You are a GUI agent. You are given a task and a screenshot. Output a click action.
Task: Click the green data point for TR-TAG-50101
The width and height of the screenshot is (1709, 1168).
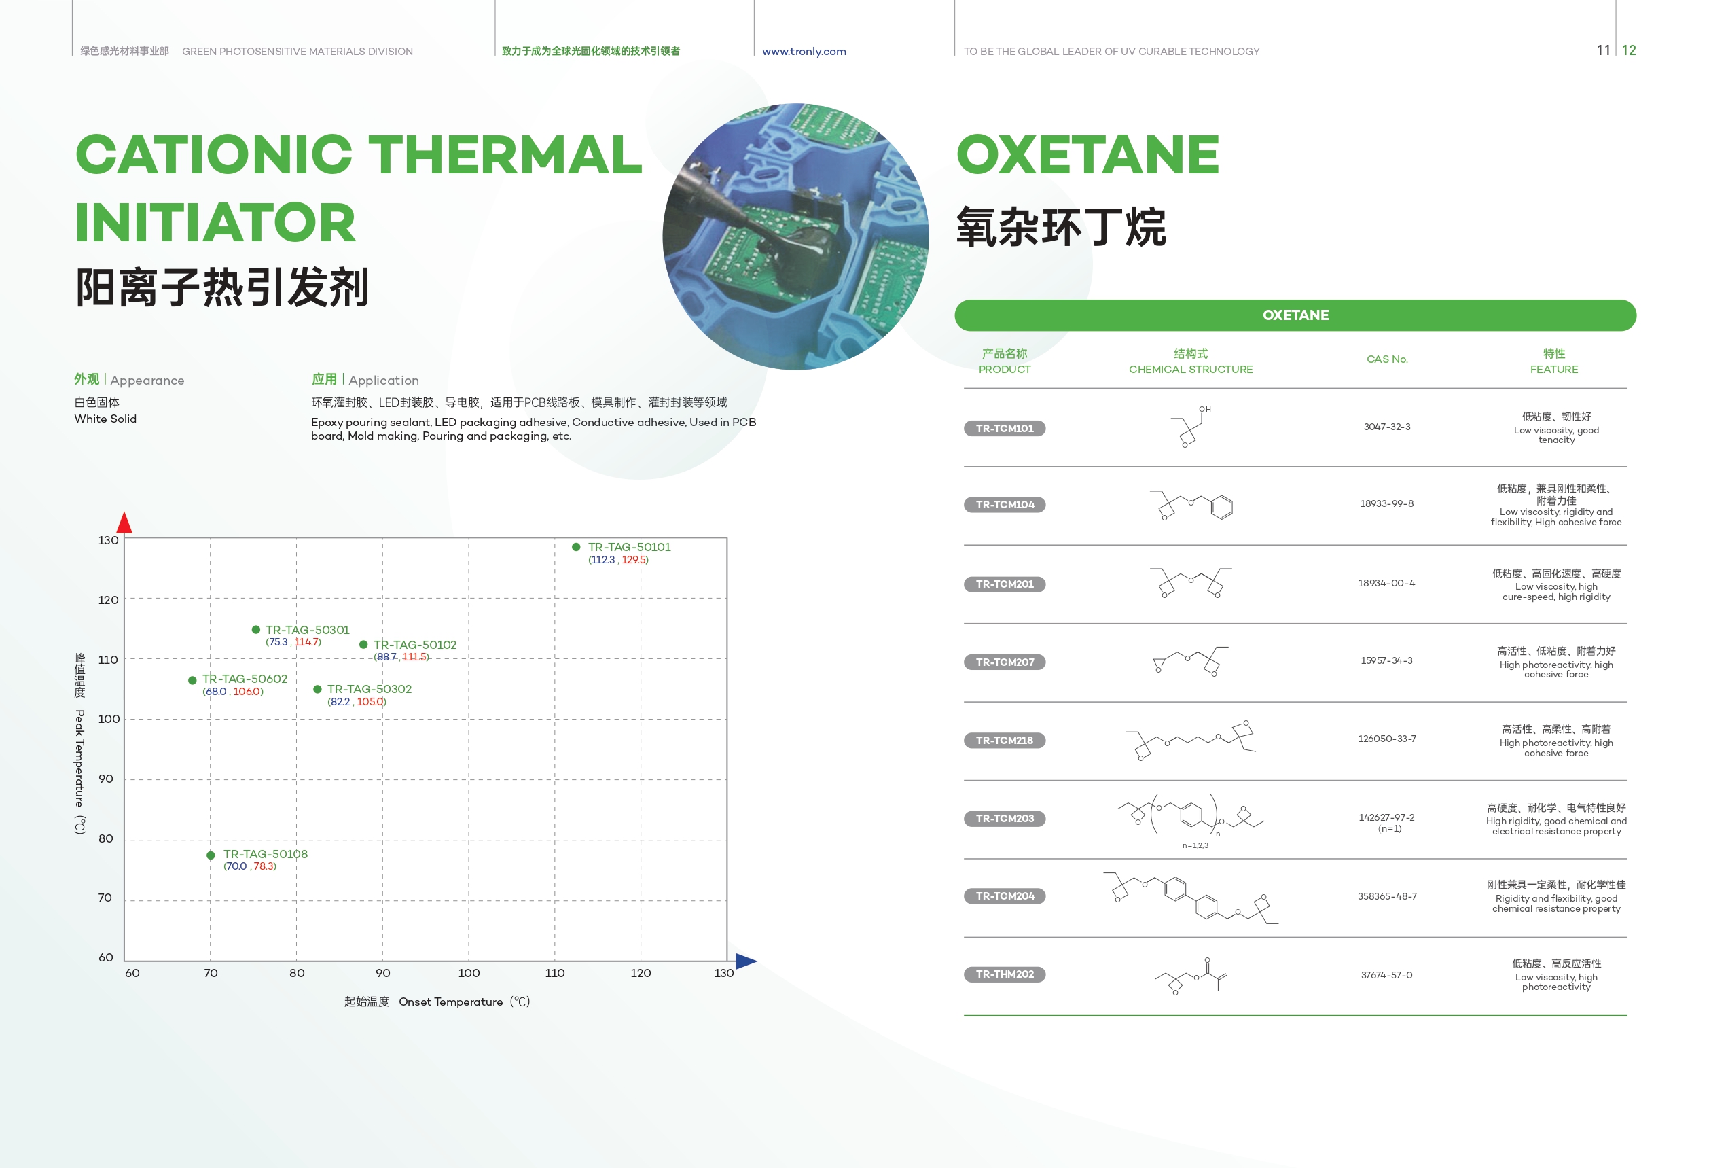tap(576, 546)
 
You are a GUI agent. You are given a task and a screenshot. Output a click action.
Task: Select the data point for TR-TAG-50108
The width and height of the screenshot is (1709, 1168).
tap(211, 855)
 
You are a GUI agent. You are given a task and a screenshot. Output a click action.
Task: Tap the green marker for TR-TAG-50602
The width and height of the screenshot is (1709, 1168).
tap(192, 680)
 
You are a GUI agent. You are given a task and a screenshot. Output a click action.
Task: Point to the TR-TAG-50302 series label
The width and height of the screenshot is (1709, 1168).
tap(369, 689)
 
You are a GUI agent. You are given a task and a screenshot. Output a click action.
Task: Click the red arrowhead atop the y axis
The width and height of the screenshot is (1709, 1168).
tap(124, 523)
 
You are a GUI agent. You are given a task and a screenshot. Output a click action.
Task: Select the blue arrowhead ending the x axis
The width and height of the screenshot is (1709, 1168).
tap(746, 961)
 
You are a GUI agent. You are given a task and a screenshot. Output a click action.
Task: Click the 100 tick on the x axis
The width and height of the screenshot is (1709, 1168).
tap(469, 973)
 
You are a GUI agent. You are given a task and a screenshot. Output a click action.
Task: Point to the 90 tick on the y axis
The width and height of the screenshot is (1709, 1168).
tap(106, 779)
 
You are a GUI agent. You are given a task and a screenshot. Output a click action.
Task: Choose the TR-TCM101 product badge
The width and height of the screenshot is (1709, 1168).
tap(1005, 428)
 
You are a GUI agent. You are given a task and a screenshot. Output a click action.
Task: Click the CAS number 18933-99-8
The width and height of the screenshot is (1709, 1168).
tap(1387, 504)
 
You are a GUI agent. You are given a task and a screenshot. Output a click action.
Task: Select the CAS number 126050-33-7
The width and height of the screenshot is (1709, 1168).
tap(1387, 739)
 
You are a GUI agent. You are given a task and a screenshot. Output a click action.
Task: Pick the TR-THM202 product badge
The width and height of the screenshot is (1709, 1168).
tap(1005, 974)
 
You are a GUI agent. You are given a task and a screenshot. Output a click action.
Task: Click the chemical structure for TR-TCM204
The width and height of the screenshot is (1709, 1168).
tap(1191, 898)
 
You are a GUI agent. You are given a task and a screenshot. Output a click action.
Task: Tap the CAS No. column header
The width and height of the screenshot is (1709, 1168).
tap(1387, 359)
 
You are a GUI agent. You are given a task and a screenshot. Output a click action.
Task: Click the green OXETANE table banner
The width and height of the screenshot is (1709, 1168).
tap(1295, 315)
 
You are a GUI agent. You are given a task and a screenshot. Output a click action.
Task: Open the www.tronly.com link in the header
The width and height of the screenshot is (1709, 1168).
tap(804, 52)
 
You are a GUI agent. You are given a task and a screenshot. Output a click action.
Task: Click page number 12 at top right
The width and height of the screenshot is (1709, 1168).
tap(1629, 50)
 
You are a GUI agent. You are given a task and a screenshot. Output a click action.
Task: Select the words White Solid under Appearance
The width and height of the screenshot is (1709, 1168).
tap(105, 419)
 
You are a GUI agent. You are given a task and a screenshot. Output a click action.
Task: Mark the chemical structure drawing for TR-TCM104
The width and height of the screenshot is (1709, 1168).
tap(1191, 506)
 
